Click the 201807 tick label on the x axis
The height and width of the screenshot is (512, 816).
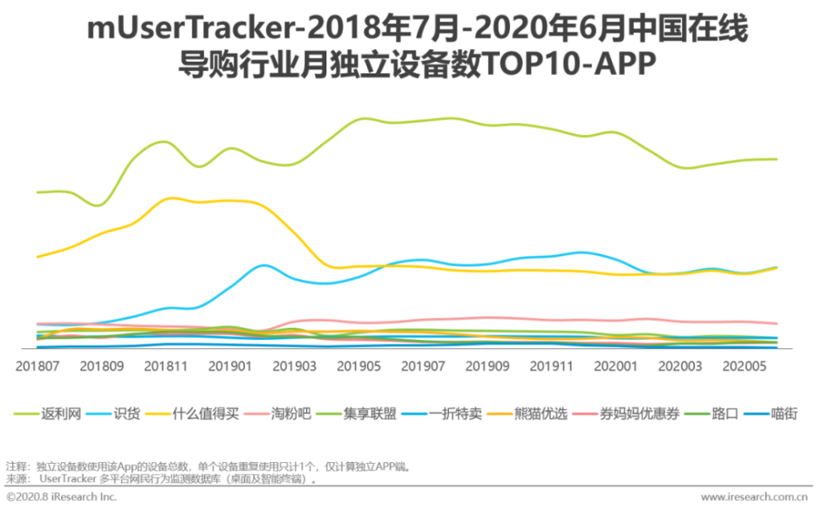point(38,367)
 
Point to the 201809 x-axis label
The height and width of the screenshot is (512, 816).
point(101,367)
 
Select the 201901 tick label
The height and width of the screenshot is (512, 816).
point(229,367)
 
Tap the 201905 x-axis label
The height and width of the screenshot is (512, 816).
point(357,367)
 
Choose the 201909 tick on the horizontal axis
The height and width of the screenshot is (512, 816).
point(486,367)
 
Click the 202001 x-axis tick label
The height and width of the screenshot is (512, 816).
point(614,367)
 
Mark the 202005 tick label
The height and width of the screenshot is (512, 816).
point(743,367)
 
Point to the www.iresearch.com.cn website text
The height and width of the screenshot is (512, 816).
point(754,497)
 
